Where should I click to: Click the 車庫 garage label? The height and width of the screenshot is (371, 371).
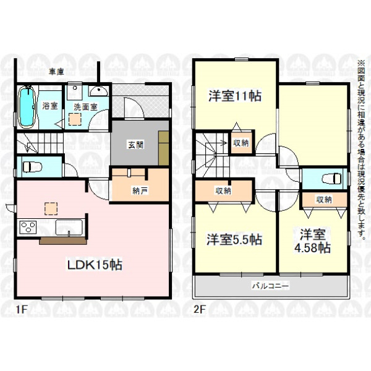pos(56,72)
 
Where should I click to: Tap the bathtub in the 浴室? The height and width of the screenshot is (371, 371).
pos(27,107)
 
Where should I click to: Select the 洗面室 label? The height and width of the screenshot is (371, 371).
pos(85,107)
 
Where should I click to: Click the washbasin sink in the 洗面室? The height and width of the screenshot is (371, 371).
pos(99,91)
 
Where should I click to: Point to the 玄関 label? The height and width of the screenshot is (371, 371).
pos(136,145)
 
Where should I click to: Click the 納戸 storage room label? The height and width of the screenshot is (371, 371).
pos(140,190)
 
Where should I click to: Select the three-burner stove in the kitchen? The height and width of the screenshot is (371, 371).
pos(28,228)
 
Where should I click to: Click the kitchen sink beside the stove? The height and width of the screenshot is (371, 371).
pos(69,228)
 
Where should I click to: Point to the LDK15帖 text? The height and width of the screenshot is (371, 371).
pos(95,265)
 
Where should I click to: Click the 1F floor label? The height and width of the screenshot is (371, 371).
pos(22,309)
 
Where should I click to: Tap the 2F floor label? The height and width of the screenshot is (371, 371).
pos(200,309)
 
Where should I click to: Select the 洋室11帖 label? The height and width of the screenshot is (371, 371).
pos(235,96)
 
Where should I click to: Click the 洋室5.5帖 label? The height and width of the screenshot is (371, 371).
pos(234,239)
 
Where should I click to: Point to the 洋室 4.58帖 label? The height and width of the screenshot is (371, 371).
pos(312,241)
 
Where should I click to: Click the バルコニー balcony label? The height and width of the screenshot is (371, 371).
pos(270,286)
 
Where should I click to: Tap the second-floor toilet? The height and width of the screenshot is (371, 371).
pos(331,179)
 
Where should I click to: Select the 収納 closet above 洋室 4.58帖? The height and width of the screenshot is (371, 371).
pos(324,200)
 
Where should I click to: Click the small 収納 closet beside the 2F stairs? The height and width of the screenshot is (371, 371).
pos(241,143)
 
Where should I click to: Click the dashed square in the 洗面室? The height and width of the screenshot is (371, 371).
pos(75,119)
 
